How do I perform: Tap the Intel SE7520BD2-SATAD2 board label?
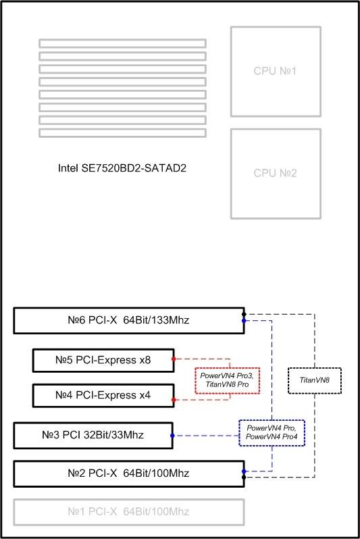pyautogui.click(x=122, y=168)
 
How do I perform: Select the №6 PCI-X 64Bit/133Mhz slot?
pyautogui.click(x=129, y=320)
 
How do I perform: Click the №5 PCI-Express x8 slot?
pyautogui.click(x=103, y=360)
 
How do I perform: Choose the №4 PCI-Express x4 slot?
pyautogui.click(x=103, y=395)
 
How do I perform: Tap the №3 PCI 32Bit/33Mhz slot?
pyautogui.click(x=93, y=435)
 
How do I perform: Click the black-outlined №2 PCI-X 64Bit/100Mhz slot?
pyautogui.click(x=129, y=473)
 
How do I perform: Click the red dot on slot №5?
pyautogui.click(x=174, y=359)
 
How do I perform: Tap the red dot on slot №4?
pyautogui.click(x=174, y=400)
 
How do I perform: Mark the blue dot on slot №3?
pyautogui.click(x=172, y=436)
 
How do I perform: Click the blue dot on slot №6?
pyautogui.click(x=244, y=321)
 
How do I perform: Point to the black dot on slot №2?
pyautogui.click(x=244, y=477)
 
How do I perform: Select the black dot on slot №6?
pyautogui.click(x=244, y=314)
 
